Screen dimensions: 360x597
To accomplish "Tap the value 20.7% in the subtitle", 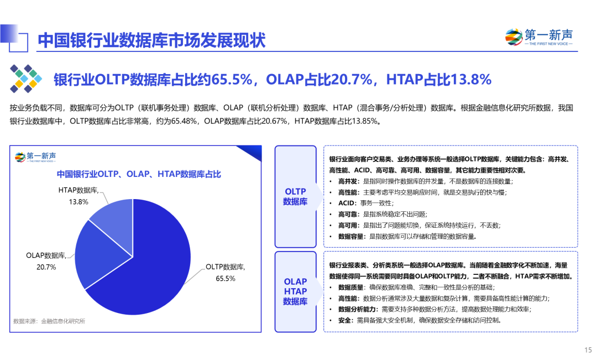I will pos(352,80).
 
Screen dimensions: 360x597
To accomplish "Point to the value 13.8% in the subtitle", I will pos(471,80).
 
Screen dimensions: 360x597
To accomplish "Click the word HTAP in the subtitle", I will pos(404,80).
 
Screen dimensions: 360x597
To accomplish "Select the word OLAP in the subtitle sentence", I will pos(284,80).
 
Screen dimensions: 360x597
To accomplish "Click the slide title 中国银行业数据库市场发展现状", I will pos(151,40).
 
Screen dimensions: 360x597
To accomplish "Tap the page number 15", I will pos(588,349).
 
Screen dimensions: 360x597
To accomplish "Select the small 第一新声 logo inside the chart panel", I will pos(35,156).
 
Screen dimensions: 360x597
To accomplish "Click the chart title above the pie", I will pos(139,174).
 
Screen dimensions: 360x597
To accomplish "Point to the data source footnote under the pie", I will pos(50,321).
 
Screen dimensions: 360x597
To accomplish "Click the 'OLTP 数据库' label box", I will pos(295,196).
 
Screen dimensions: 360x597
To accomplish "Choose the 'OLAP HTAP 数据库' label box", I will pos(295,291).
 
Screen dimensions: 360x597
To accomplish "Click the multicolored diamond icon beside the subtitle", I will pos(25,79).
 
